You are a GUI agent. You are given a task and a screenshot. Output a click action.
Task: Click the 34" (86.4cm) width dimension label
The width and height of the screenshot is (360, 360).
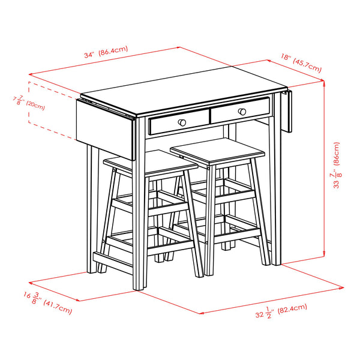[106, 52]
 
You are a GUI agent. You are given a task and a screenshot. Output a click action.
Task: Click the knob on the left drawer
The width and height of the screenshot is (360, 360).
[181, 122]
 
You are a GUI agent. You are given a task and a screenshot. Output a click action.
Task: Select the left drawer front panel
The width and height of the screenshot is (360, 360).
[178, 124]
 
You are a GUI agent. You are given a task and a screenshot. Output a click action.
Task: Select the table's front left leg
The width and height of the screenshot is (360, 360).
[139, 228]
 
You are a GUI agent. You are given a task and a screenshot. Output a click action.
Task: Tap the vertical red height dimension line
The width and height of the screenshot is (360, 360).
[325, 180]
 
